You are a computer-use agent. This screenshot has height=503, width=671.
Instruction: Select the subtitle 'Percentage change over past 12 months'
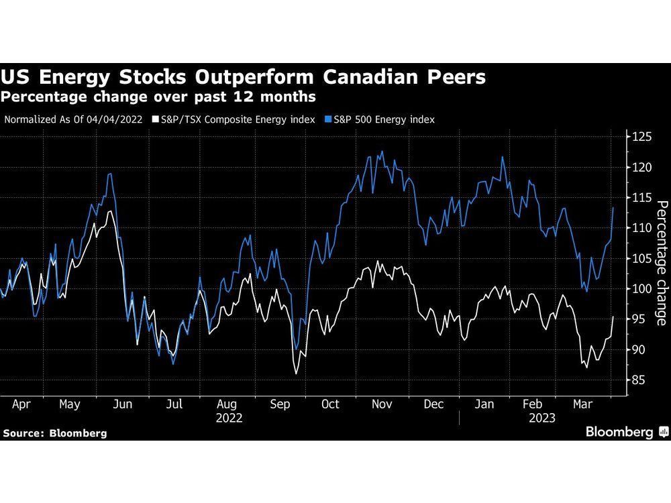click(x=158, y=97)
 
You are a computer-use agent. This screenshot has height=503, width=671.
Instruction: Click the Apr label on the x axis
click(x=22, y=404)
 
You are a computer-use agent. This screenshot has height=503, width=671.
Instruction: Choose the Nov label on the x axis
click(x=381, y=404)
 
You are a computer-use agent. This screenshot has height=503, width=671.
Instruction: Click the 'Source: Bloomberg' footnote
click(x=54, y=433)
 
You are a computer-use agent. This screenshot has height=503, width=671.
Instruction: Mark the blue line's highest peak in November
click(x=382, y=152)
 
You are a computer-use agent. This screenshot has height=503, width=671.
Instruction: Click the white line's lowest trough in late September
click(x=296, y=373)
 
